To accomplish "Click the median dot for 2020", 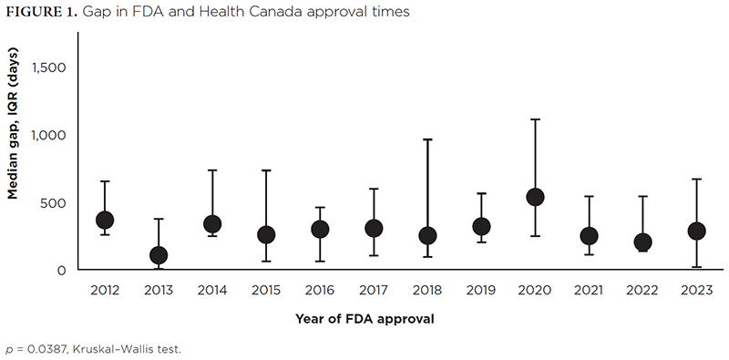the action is pyautogui.click(x=535, y=197).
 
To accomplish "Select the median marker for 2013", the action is pyautogui.click(x=159, y=255).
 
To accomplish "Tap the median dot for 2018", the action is pyautogui.click(x=427, y=235).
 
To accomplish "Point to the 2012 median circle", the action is pyautogui.click(x=105, y=220).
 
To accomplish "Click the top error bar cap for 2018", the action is pyautogui.click(x=427, y=139).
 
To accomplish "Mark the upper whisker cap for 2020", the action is pyautogui.click(x=535, y=119).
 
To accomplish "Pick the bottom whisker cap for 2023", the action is pyautogui.click(x=696, y=267).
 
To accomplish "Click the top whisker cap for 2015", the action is pyautogui.click(x=266, y=170).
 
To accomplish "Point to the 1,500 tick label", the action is pyautogui.click(x=49, y=67).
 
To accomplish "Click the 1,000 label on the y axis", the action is pyautogui.click(x=48, y=135).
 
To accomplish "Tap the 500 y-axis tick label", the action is pyautogui.click(x=54, y=203).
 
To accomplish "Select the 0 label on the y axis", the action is pyautogui.click(x=62, y=271).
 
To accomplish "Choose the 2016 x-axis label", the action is pyautogui.click(x=320, y=291).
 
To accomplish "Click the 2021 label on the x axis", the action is pyautogui.click(x=589, y=291).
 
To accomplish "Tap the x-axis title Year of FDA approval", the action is pyautogui.click(x=364, y=319).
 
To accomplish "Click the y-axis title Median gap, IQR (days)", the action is pyautogui.click(x=13, y=122).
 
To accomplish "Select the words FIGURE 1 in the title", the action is pyautogui.click(x=42, y=12).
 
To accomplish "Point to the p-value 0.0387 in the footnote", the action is pyautogui.click(x=44, y=349).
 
